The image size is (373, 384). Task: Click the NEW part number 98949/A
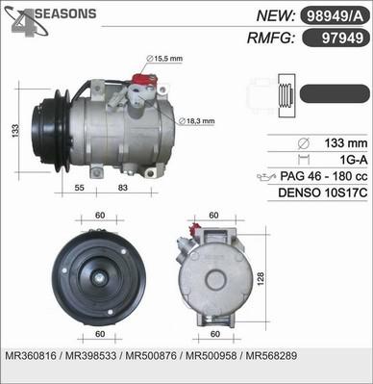point(335,16)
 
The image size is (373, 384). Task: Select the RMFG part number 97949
point(342,38)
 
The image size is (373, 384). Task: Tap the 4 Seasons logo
point(50,20)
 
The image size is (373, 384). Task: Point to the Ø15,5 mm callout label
point(164,59)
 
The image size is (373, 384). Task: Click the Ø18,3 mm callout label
point(196,121)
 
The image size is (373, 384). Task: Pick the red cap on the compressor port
point(144,80)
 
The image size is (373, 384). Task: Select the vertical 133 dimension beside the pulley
point(15,131)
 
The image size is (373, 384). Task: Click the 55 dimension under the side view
point(79,188)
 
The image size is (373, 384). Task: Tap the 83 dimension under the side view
point(123,188)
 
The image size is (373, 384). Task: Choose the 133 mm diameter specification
point(346,143)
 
